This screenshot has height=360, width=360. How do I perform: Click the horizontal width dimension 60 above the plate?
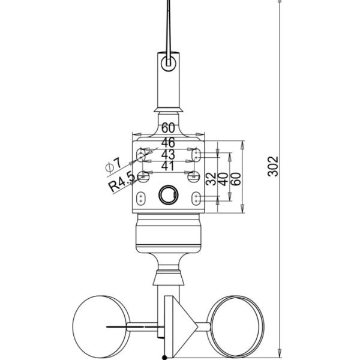coord(167,128)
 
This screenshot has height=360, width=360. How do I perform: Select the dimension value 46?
coord(167,142)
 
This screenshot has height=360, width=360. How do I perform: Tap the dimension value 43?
coord(167,155)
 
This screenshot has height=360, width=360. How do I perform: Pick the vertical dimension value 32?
coord(210,179)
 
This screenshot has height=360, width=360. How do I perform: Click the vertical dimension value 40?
coord(223,179)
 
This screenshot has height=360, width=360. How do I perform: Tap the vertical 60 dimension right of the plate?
coord(236,179)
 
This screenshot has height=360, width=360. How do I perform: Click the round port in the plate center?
coord(167,194)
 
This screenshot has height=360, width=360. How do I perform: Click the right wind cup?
coord(235,321)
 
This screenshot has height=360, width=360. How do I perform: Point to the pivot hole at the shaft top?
coord(168,61)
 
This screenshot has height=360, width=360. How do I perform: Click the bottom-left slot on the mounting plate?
coord(141,198)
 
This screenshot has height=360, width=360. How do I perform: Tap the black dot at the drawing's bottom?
coord(164,358)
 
